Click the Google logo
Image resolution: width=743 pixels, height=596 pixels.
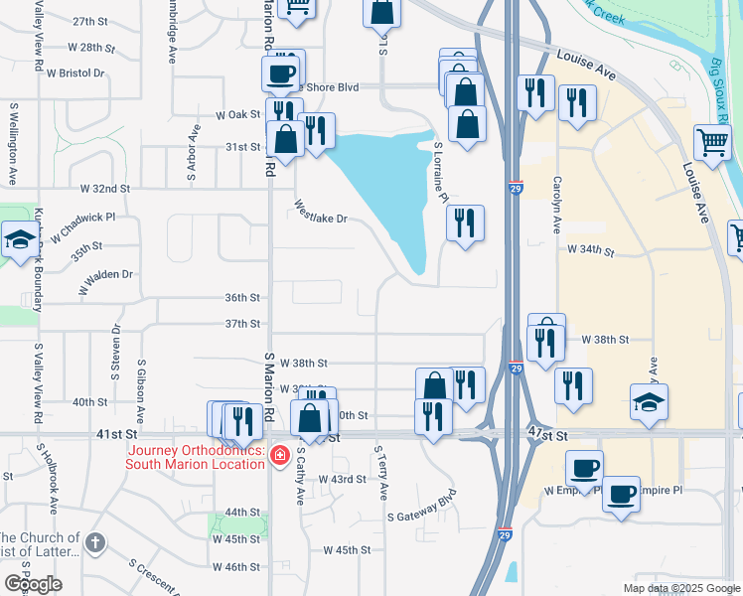[33, 584]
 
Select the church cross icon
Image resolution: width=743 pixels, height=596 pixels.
[94, 542]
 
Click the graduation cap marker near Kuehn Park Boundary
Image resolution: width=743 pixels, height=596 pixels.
[20, 241]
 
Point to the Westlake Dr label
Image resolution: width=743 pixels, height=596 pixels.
[321, 213]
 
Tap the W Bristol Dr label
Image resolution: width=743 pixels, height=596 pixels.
[72, 74]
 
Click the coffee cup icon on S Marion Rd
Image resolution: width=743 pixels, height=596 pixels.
[280, 73]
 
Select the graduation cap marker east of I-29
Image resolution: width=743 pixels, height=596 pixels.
[650, 402]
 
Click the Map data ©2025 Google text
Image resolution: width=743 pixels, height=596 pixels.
[681, 588]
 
